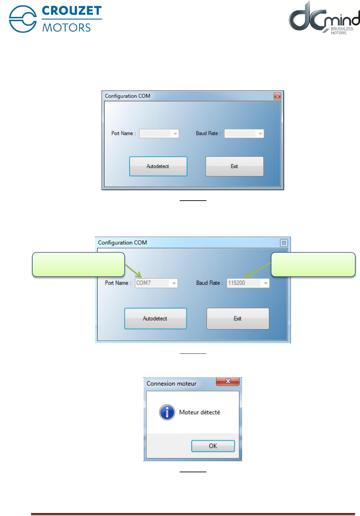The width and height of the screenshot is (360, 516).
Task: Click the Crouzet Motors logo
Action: (x=55, y=19)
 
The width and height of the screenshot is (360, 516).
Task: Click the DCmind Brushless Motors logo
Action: (x=324, y=18)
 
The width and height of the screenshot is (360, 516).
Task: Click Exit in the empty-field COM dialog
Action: (x=234, y=166)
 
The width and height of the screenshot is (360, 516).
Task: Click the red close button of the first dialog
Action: (x=277, y=96)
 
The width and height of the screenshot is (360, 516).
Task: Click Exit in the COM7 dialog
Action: (x=237, y=318)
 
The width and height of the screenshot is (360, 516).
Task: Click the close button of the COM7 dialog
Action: (x=284, y=243)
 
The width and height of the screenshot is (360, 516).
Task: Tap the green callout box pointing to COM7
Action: (x=78, y=264)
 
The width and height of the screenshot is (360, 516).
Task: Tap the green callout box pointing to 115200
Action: (x=313, y=264)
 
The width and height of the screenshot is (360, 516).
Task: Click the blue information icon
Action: (x=167, y=412)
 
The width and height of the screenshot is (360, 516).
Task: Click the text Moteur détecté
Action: (x=200, y=412)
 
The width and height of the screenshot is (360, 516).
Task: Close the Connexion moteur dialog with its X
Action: (x=228, y=381)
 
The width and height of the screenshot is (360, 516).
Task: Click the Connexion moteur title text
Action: (x=171, y=383)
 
